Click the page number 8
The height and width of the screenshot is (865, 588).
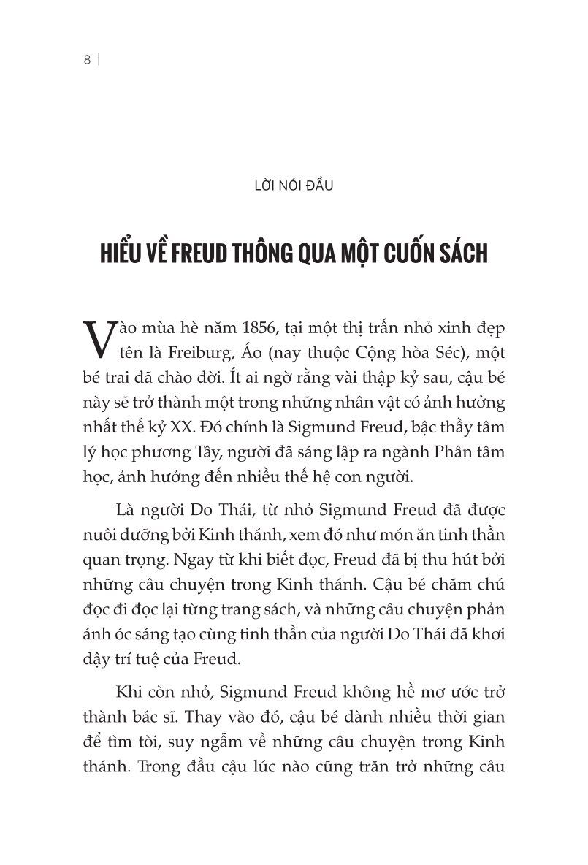click(x=86, y=61)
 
